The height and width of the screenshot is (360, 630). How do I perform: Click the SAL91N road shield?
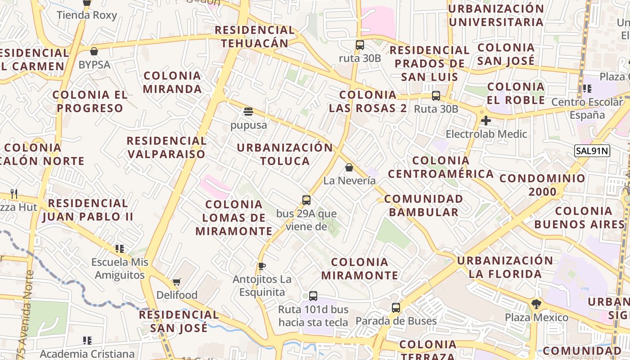[x=592, y=151]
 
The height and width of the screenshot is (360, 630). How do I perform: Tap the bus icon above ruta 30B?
[x=360, y=45]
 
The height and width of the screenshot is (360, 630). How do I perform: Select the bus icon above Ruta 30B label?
[x=436, y=96]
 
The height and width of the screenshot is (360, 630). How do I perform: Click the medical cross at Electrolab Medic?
[x=486, y=121]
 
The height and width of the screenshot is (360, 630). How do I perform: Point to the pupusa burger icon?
[x=248, y=111]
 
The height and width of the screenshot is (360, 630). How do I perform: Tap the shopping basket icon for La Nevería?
[x=349, y=168]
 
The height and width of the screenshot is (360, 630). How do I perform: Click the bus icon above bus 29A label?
[x=306, y=200]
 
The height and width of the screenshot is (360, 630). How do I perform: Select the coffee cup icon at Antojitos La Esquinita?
[x=261, y=266]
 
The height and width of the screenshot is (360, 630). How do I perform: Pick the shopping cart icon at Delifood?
[x=176, y=282]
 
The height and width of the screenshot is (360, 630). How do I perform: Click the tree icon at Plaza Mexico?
[x=536, y=304]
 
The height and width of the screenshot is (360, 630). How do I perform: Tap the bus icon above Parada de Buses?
[x=396, y=308]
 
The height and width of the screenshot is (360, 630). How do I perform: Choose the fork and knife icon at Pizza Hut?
[x=14, y=194]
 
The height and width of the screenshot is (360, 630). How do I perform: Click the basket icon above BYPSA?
[x=94, y=51]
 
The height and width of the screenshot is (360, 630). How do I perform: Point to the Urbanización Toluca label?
[x=284, y=154]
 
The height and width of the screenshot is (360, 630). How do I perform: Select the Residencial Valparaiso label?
[x=166, y=147]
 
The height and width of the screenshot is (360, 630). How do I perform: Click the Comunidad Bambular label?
[x=423, y=205]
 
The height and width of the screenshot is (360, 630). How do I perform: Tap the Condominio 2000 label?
[x=542, y=185]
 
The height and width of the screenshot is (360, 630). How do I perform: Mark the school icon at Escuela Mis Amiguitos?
[x=119, y=248]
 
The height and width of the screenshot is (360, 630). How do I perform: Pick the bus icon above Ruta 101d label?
[x=313, y=296]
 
